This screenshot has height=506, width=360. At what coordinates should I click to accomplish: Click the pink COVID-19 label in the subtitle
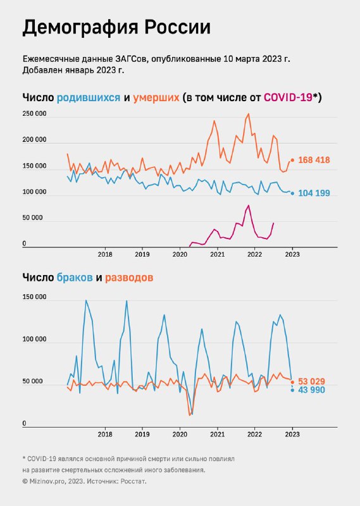pyautogui.click(x=288, y=97)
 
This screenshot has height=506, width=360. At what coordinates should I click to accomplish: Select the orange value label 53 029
pyautogui.click(x=311, y=381)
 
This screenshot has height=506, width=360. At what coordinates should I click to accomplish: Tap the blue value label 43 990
pyautogui.click(x=311, y=390)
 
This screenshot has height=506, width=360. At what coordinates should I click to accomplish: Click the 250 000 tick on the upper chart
pyautogui.click(x=34, y=114)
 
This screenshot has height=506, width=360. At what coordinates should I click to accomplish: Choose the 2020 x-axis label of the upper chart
pyautogui.click(x=180, y=254)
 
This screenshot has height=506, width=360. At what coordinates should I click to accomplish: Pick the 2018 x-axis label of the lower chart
pyautogui.click(x=105, y=435)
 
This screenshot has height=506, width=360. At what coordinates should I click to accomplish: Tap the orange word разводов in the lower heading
pyautogui.click(x=129, y=278)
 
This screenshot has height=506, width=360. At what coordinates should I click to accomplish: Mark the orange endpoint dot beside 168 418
pyautogui.click(x=292, y=161)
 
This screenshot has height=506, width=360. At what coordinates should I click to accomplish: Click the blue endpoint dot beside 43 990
pyautogui.click(x=292, y=390)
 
